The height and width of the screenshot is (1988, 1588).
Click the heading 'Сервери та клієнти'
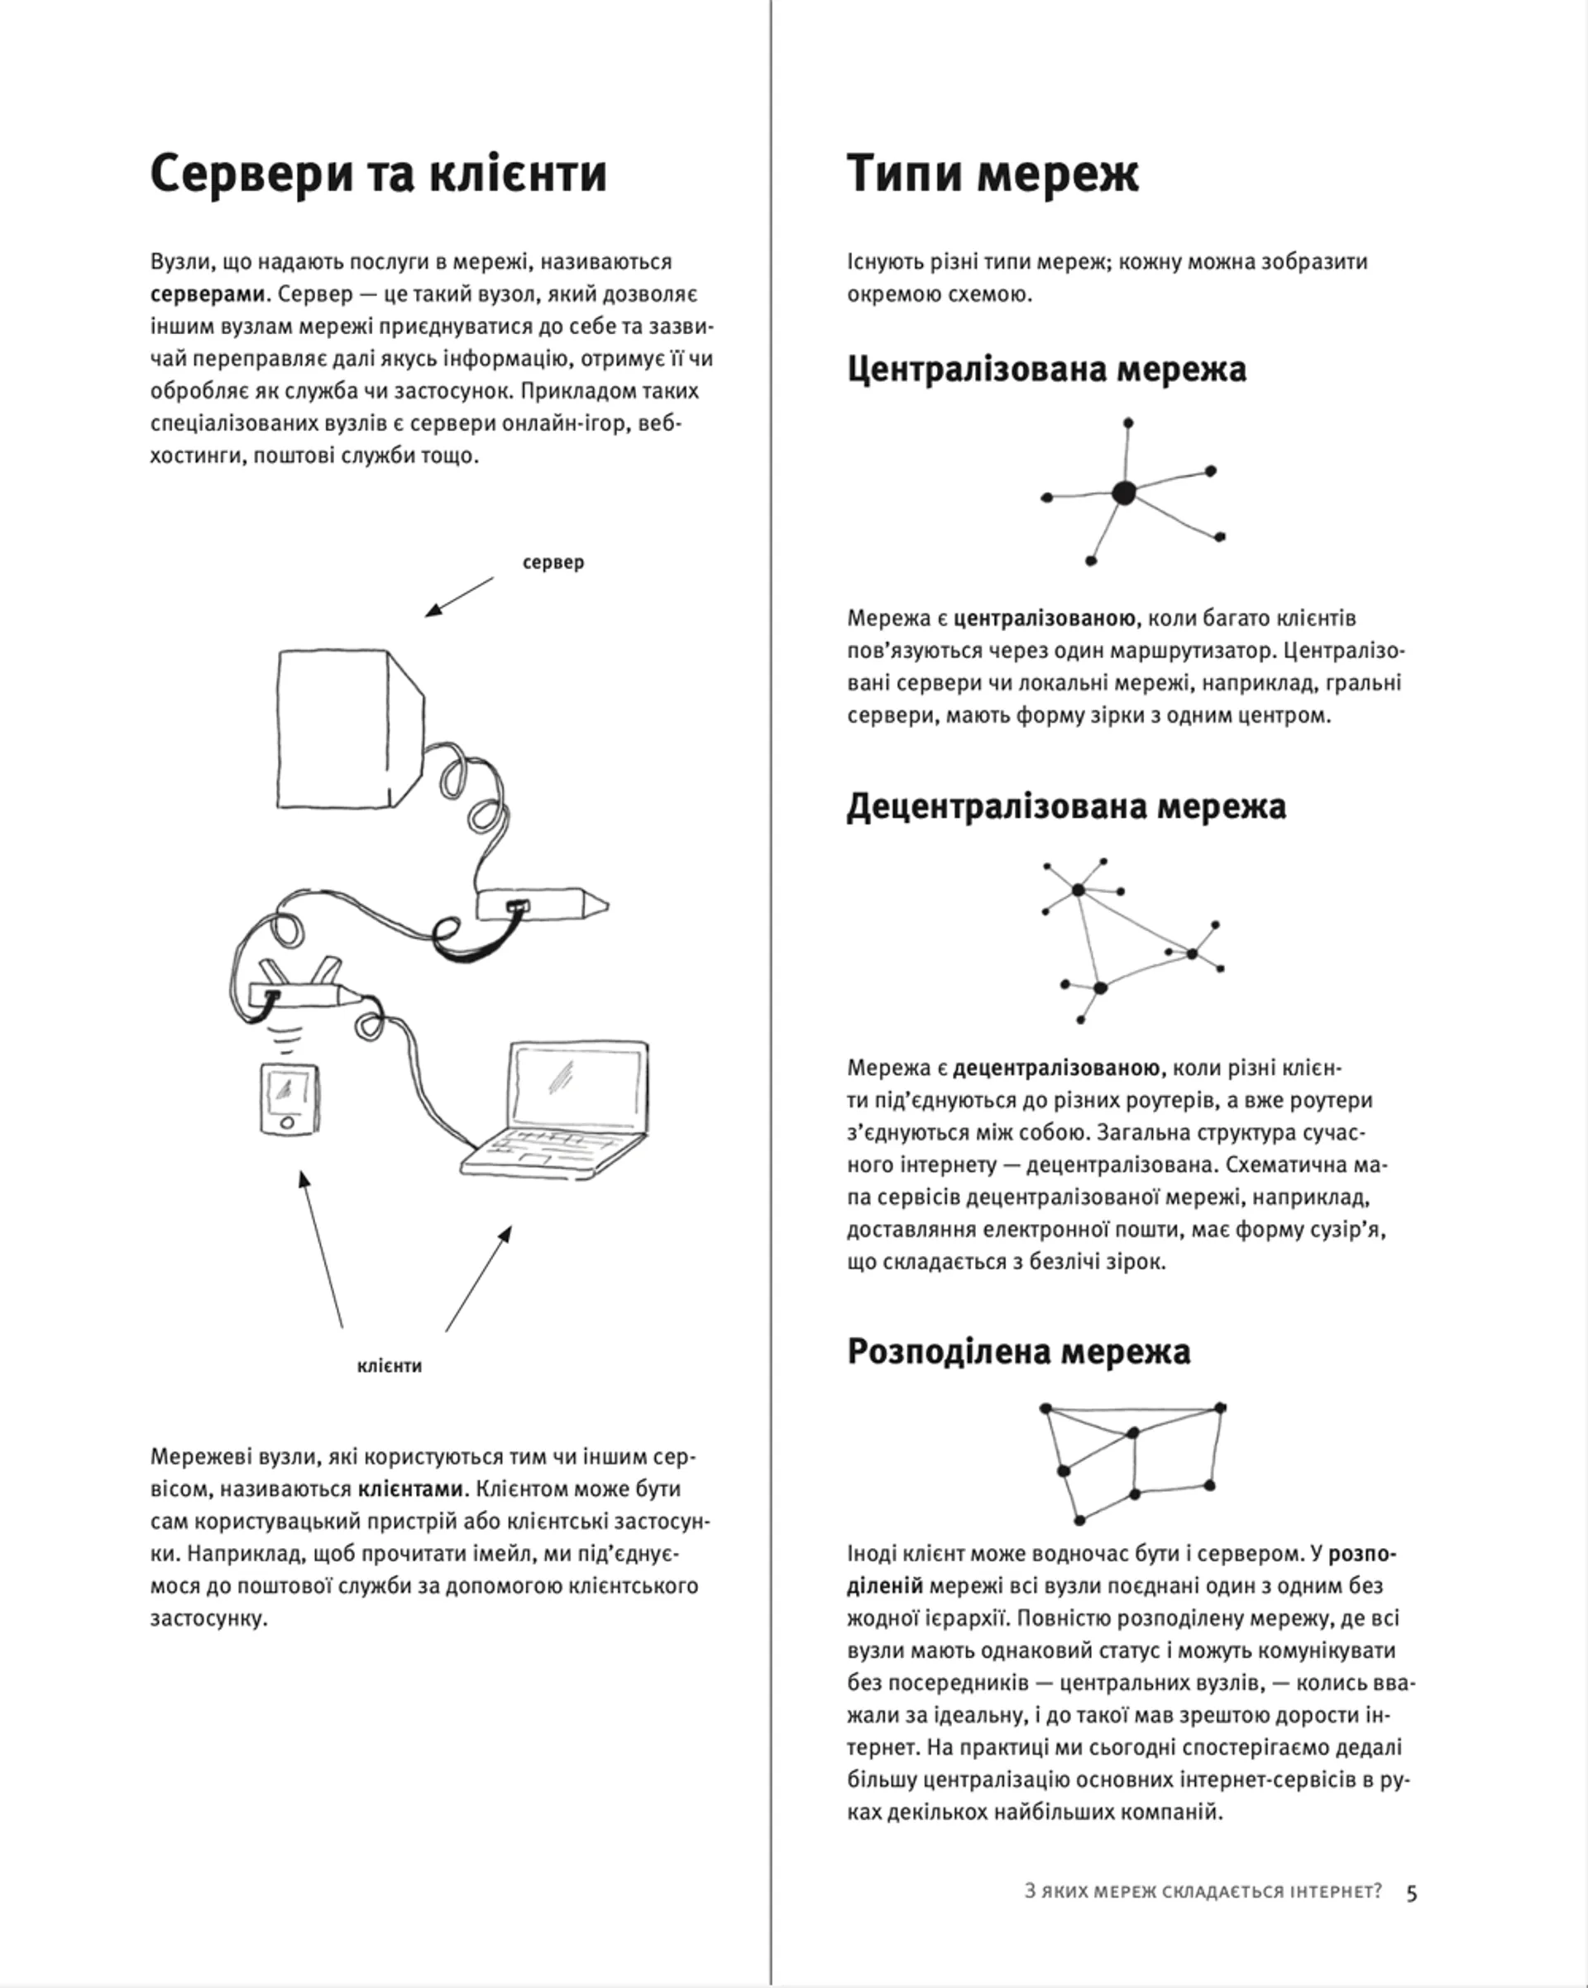[x=378, y=174]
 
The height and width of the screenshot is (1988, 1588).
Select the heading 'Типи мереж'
[x=992, y=174]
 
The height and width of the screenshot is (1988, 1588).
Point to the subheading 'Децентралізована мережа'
[x=1066, y=806]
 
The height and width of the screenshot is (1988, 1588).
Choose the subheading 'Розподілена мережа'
[x=1018, y=1352]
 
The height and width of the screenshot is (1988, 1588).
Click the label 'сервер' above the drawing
[x=553, y=562]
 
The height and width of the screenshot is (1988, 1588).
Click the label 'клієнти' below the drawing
[x=390, y=1365]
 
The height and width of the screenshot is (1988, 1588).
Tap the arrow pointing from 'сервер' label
[x=459, y=596]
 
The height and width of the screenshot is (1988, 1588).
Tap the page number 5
[x=1411, y=1893]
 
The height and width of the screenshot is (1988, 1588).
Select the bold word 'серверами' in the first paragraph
[x=207, y=294]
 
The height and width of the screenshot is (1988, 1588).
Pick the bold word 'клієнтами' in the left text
[x=410, y=1489]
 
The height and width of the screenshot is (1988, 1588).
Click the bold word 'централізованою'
[x=1045, y=618]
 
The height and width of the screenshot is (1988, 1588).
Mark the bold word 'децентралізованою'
[x=1055, y=1068]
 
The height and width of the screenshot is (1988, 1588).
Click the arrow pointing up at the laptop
[x=478, y=1278]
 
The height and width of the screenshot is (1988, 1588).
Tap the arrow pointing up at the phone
[x=322, y=1250]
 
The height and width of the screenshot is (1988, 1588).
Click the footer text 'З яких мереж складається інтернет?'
[x=1203, y=1892]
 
